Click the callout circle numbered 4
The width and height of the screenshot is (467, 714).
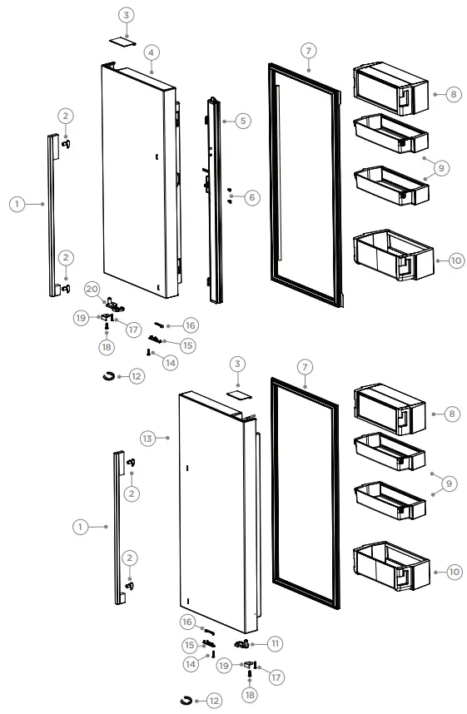pyautogui.click(x=152, y=52)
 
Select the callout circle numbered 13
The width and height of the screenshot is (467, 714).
pyautogui.click(x=169, y=436)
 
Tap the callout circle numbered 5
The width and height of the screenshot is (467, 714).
pyautogui.click(x=242, y=121)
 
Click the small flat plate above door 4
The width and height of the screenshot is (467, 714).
pyautogui.click(x=126, y=41)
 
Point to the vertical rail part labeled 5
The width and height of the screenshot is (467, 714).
pyautogui.click(x=218, y=200)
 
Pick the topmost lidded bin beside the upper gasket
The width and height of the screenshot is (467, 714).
pyautogui.click(x=390, y=89)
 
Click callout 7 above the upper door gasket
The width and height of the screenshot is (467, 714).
pyautogui.click(x=309, y=52)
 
